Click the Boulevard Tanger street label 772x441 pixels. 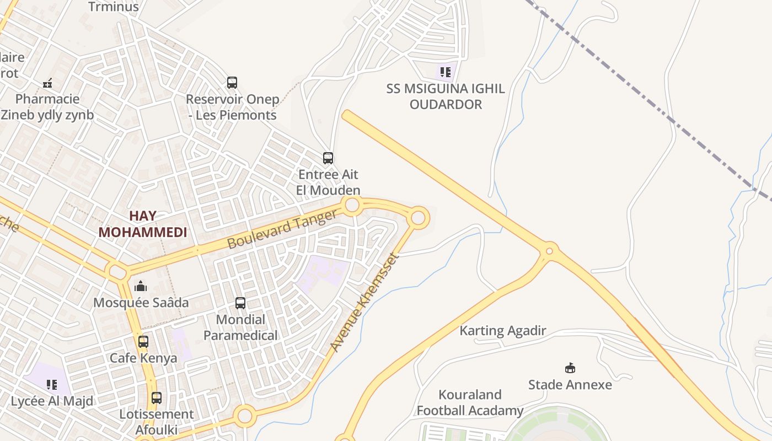[282, 229]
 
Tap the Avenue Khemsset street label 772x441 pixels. [364, 302]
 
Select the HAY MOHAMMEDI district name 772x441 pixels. [143, 224]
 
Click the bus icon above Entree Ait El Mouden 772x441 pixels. [328, 159]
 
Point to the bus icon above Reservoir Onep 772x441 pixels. [232, 83]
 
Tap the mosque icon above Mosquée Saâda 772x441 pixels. [141, 286]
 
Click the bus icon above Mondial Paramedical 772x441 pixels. [240, 303]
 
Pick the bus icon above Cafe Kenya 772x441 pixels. [143, 342]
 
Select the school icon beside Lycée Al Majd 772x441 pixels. [52, 384]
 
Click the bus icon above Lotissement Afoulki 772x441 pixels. [157, 398]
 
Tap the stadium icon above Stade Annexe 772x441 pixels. [570, 368]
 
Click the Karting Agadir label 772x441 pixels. [502, 331]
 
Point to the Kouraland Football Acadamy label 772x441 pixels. [470, 402]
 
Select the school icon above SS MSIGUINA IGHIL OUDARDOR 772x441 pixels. [446, 72]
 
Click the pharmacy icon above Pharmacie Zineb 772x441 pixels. [47, 83]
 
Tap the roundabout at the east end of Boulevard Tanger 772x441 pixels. [418, 218]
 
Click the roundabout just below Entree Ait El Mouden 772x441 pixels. [352, 206]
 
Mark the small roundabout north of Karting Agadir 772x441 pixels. [549, 252]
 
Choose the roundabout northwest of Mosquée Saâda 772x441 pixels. [117, 271]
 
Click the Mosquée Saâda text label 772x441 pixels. [141, 303]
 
